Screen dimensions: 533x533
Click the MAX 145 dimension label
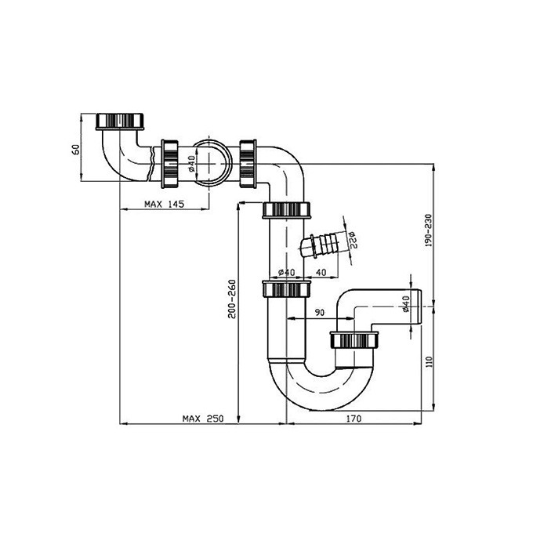tap(164, 204)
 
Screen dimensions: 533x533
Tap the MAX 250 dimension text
tap(203, 419)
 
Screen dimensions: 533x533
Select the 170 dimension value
tap(354, 419)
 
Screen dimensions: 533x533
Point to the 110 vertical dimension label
tap(429, 361)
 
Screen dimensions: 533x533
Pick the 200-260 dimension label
tap(232, 299)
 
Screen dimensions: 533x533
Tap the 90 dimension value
tap(320, 313)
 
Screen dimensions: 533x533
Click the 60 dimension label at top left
tap(76, 149)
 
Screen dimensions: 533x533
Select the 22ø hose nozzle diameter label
tap(351, 240)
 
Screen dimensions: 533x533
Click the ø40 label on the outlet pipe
tap(405, 304)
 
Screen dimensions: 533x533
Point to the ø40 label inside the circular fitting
tap(191, 164)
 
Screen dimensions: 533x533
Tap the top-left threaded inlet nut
tap(120, 121)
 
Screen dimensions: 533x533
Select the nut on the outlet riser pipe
tap(354, 340)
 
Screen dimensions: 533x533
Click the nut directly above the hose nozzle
tap(287, 210)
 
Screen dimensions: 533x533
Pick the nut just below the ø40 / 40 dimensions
tap(287, 289)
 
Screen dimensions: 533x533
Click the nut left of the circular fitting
tap(169, 164)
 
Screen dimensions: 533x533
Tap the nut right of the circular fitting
tap(248, 164)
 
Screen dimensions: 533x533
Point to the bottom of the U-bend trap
tap(321, 410)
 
